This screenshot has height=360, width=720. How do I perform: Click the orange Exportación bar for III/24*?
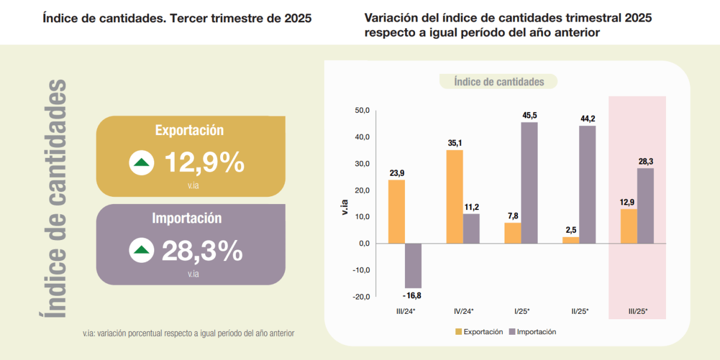[397, 211]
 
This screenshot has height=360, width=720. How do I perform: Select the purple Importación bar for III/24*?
[413, 266]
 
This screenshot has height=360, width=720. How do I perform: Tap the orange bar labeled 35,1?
[455, 196]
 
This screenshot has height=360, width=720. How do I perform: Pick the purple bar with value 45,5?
[529, 182]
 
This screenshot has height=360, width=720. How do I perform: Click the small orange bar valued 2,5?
[571, 240]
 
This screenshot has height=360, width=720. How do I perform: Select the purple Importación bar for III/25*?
[646, 206]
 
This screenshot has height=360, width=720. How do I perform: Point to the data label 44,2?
[587, 118]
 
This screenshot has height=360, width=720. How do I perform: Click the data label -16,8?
[412, 295]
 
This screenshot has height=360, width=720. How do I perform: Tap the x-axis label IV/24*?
[463, 311]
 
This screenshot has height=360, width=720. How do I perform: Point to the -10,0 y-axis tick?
[362, 270]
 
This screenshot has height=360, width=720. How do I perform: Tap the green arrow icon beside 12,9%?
[142, 162]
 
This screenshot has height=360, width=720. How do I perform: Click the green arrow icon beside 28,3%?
[142, 250]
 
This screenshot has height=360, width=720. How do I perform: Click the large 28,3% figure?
[202, 251]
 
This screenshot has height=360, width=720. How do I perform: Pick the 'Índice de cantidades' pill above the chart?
[499, 82]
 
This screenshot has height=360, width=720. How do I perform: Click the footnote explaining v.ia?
[188, 333]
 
